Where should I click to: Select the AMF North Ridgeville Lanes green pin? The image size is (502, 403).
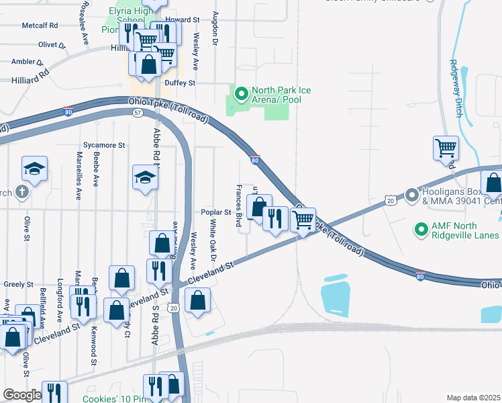pyautogui.click(x=421, y=230)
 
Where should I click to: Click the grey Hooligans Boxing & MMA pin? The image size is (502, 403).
pyautogui.click(x=411, y=196)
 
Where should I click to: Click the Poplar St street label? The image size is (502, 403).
pyautogui.click(x=216, y=212)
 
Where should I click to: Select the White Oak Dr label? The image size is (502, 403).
pyautogui.click(x=213, y=240)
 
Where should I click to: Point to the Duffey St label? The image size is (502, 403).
pyautogui.click(x=181, y=83)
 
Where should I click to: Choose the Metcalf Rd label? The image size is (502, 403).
pyautogui.click(x=40, y=25)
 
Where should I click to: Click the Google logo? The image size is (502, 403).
pyautogui.click(x=22, y=395)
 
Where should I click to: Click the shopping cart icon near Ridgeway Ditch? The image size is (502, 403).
pyautogui.click(x=446, y=147)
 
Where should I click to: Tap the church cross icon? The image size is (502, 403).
pyautogui.click(x=21, y=193)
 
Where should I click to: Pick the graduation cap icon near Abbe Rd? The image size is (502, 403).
pyautogui.click(x=144, y=177)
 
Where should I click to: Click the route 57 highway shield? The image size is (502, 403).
pyautogui.click(x=137, y=113)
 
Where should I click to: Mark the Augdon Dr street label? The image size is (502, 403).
pyautogui.click(x=215, y=28)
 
